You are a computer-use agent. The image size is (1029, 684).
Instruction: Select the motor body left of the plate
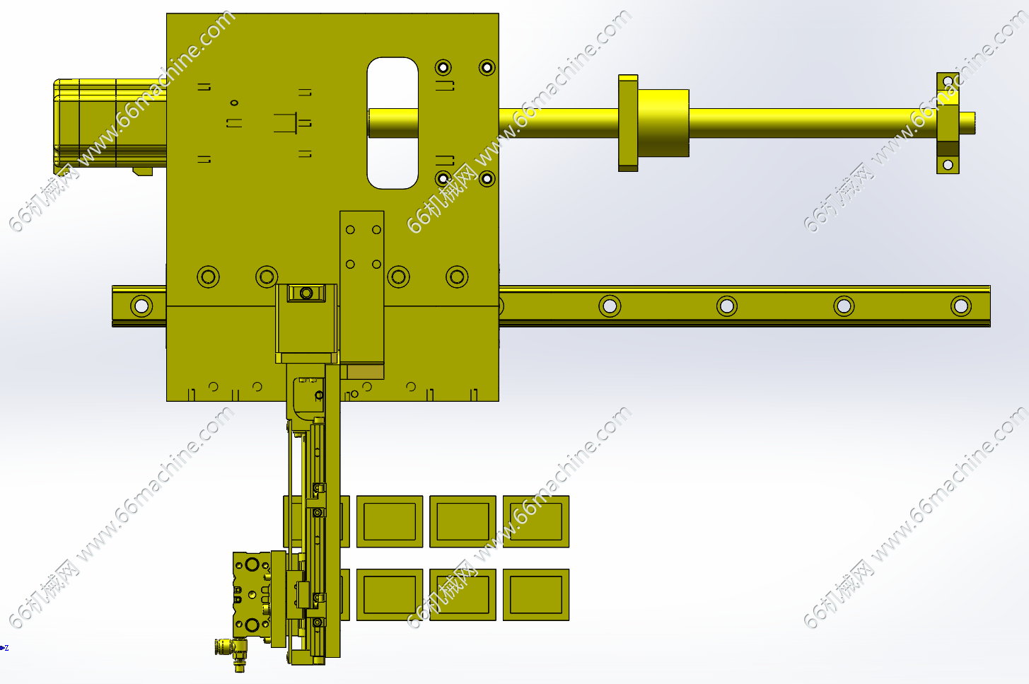110,124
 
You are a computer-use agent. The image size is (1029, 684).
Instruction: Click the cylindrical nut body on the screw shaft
663,122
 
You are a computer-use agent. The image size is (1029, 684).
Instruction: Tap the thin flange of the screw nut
628,122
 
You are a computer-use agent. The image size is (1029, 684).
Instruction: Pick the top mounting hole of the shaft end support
948,82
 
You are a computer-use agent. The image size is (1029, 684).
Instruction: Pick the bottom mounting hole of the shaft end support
948,164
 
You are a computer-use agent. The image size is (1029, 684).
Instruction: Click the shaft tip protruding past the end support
967,123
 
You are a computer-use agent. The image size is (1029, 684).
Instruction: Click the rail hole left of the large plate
141,306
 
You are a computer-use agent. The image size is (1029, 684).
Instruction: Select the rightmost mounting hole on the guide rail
961,306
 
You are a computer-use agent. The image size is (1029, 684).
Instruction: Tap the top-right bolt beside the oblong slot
487,68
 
